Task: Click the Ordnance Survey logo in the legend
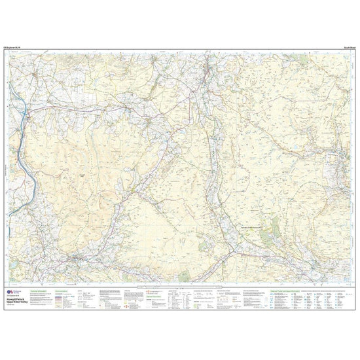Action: coord(11,275)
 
